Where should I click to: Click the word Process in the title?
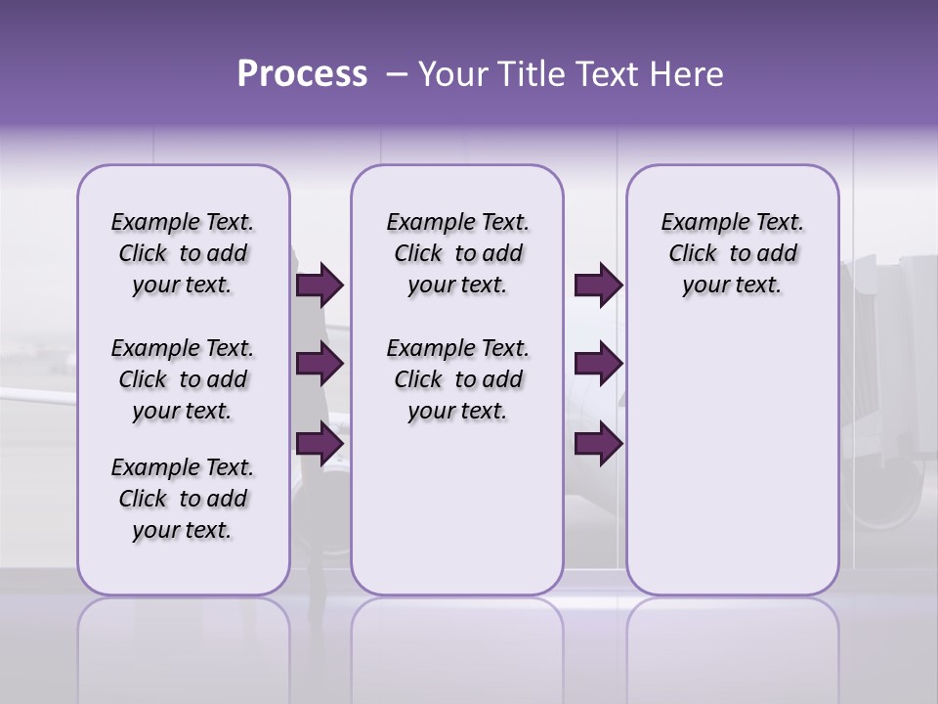(302, 74)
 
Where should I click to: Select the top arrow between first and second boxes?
(320, 286)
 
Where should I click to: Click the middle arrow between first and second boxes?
(320, 365)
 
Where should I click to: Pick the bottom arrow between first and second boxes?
(320, 443)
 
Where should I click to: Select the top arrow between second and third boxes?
(598, 286)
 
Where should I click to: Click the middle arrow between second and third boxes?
(598, 365)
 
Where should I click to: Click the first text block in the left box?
(183, 253)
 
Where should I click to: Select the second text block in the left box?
(183, 379)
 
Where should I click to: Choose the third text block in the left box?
(183, 499)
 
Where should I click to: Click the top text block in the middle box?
(457, 253)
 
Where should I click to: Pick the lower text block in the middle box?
(457, 379)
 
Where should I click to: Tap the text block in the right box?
(732, 253)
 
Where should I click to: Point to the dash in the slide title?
(397, 74)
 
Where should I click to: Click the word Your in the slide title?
(453, 74)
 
